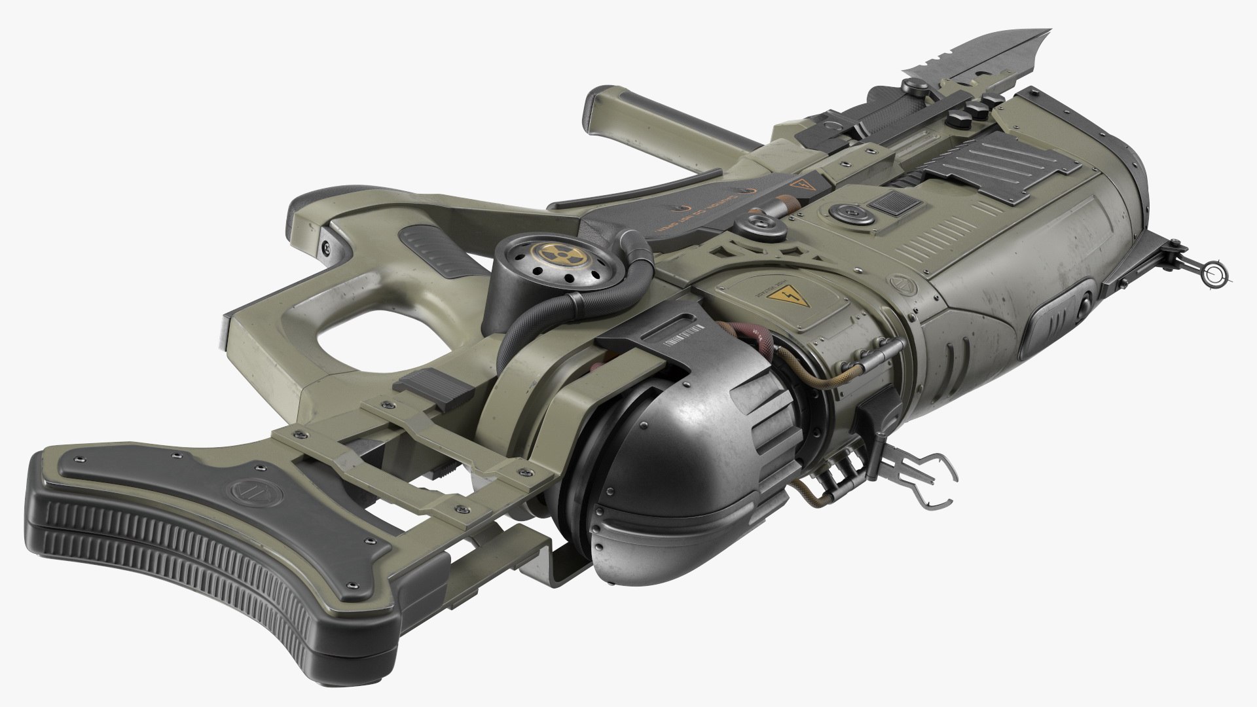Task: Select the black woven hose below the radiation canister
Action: click(x=524, y=327)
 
